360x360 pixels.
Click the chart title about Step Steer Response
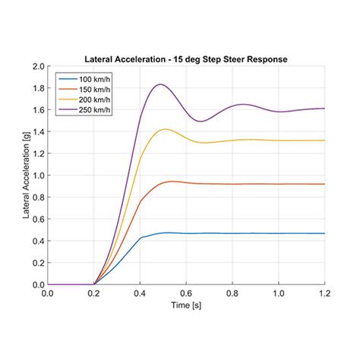pyautogui.click(x=186, y=58)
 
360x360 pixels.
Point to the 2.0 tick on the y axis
pyautogui.click(x=38, y=66)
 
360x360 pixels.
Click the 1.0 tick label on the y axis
pyautogui.click(x=38, y=175)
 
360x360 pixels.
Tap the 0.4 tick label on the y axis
pyautogui.click(x=38, y=242)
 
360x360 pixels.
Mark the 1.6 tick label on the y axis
pyautogui.click(x=38, y=110)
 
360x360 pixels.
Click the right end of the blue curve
pyautogui.click(x=324, y=233)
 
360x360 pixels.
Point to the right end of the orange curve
pyautogui.click(x=324, y=184)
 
